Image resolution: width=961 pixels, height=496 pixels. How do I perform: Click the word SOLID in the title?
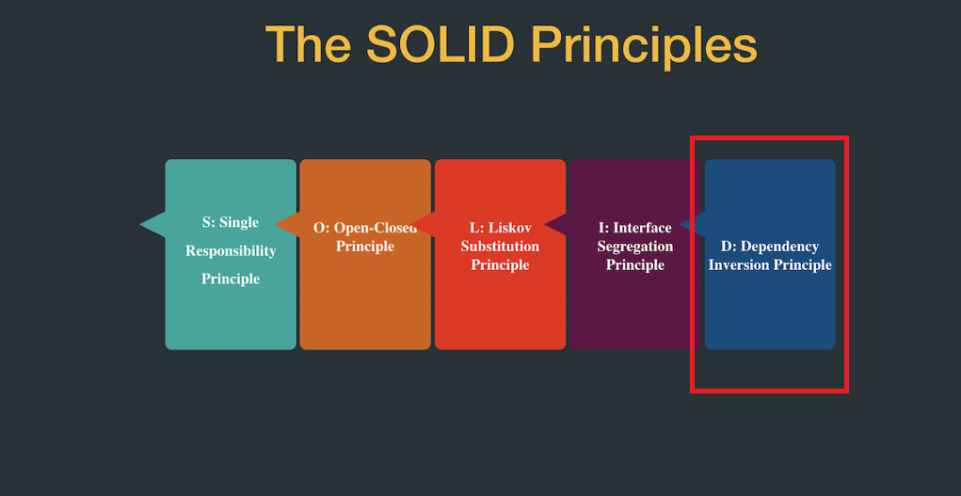pyautogui.click(x=440, y=44)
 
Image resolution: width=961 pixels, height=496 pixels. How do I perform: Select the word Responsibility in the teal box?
pyautogui.click(x=231, y=251)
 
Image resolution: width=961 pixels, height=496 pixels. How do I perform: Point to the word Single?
pyautogui.click(x=239, y=223)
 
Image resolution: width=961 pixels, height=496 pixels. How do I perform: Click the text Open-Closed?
pyautogui.click(x=375, y=228)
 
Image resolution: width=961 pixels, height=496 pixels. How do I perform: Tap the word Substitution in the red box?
pyautogui.click(x=500, y=247)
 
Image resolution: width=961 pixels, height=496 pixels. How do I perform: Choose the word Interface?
pyautogui.click(x=643, y=228)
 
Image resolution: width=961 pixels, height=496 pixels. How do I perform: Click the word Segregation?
pyautogui.click(x=635, y=247)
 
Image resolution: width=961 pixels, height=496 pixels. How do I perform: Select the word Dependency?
pyautogui.click(x=780, y=247)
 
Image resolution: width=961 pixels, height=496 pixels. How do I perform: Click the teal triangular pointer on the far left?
pyautogui.click(x=152, y=224)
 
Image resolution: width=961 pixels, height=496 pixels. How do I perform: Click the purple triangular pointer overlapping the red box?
pyautogui.click(x=556, y=224)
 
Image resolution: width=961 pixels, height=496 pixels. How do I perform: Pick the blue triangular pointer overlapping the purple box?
pyautogui.click(x=692, y=224)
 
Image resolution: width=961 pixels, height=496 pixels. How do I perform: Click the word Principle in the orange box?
pyautogui.click(x=365, y=247)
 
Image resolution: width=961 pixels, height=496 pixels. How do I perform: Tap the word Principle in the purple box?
pyautogui.click(x=635, y=265)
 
